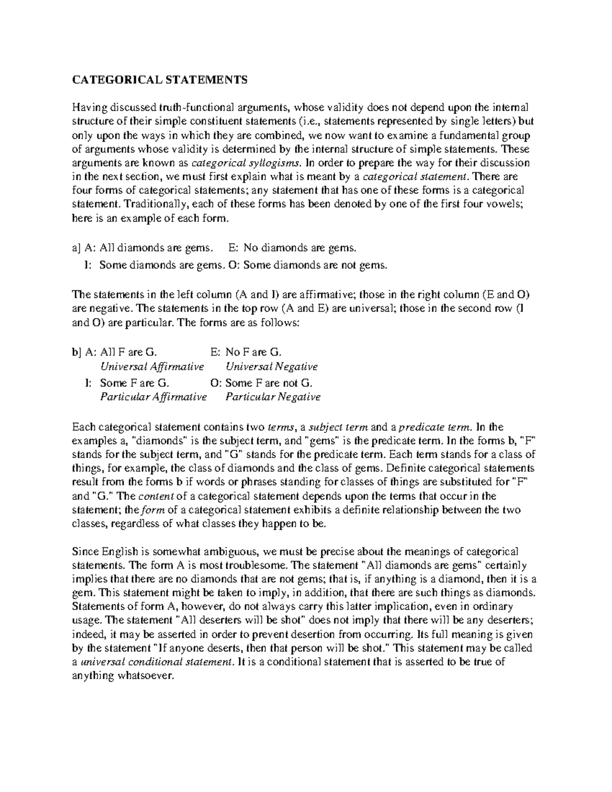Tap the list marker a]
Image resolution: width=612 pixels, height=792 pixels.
(x=76, y=248)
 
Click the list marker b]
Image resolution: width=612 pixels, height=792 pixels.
(x=76, y=352)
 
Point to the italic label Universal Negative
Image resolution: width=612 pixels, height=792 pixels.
(x=272, y=367)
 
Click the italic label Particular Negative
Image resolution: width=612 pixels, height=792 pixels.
(x=273, y=397)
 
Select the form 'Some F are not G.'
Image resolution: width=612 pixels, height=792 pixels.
(x=269, y=382)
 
